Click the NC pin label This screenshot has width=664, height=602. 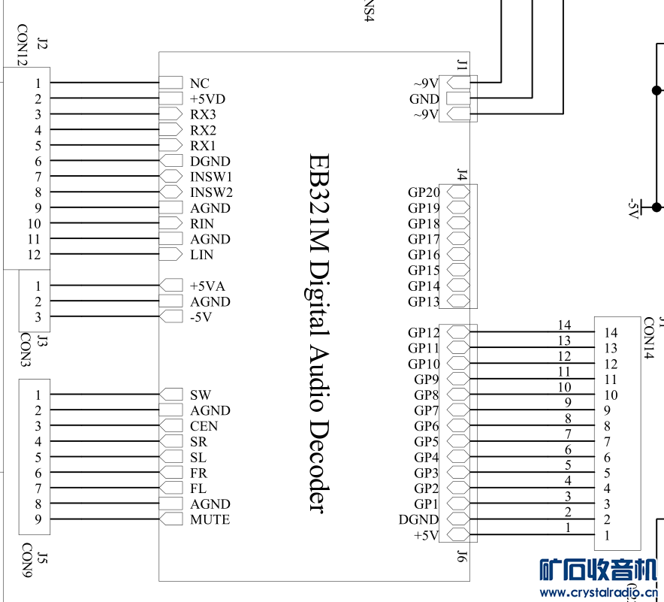(200, 83)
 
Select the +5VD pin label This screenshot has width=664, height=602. (207, 98)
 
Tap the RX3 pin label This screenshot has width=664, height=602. (203, 114)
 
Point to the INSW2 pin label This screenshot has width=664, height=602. (211, 192)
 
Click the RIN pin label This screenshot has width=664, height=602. (202, 223)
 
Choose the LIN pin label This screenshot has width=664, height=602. (201, 255)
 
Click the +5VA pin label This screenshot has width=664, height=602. (207, 286)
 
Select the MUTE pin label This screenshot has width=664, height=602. (210, 519)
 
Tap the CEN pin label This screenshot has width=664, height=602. (204, 426)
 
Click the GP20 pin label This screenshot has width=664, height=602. (424, 192)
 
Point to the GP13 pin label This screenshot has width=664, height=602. (424, 301)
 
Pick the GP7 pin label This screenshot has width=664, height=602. (427, 410)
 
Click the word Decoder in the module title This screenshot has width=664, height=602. (318, 466)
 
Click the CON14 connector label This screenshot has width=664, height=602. (649, 338)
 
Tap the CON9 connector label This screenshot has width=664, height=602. (26, 560)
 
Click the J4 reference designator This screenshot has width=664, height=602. (462, 174)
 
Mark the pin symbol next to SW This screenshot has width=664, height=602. (171, 395)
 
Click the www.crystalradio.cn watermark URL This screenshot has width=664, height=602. (599, 591)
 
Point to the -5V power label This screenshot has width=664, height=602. (632, 208)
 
